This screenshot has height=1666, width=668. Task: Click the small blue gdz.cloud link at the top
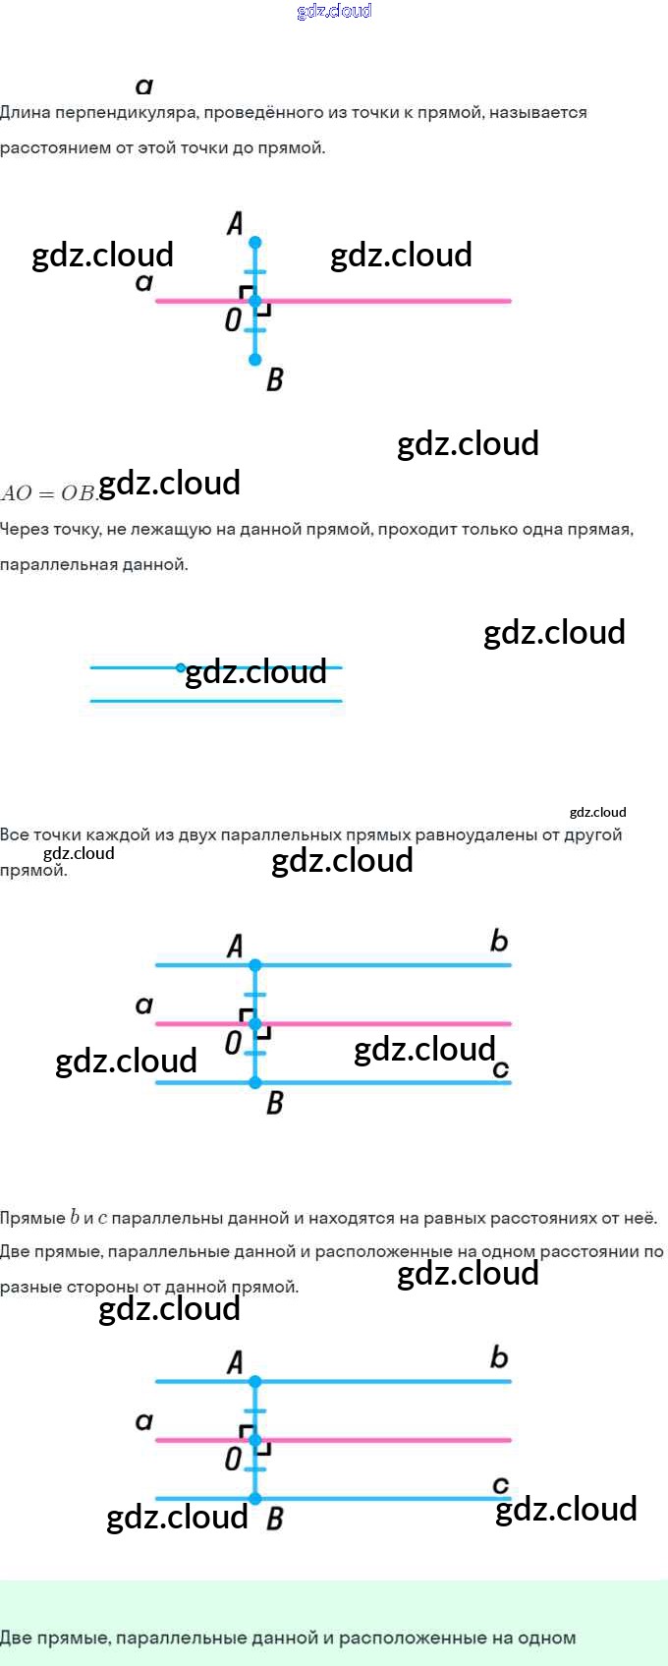click(x=334, y=11)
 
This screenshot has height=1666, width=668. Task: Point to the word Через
click(x=25, y=529)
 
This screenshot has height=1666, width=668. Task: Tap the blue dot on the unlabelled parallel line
click(x=181, y=667)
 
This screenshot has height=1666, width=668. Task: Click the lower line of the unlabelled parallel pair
click(x=216, y=701)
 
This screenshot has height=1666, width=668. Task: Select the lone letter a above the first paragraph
click(x=144, y=86)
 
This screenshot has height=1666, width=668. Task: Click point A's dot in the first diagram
click(x=255, y=242)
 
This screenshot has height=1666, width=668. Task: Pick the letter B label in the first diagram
click(x=275, y=378)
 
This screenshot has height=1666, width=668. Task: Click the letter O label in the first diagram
click(x=233, y=319)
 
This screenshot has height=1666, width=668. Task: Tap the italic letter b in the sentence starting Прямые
click(x=75, y=1217)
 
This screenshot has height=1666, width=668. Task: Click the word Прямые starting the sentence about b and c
click(x=33, y=1218)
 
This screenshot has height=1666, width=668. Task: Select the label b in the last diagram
click(x=499, y=1357)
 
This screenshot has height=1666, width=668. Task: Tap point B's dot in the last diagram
click(x=255, y=1499)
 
